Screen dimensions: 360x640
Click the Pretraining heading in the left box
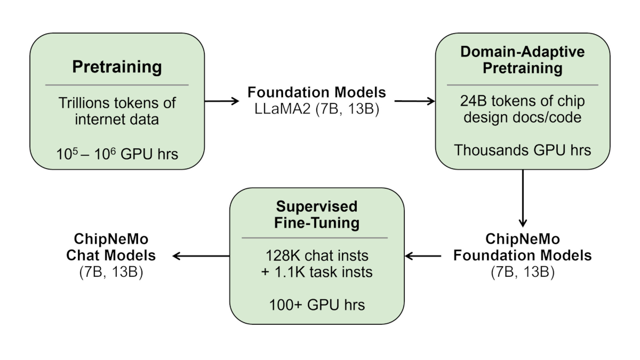tap(117, 67)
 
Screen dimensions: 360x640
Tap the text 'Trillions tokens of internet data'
tap(117, 111)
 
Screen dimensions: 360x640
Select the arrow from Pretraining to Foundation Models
tap(221, 101)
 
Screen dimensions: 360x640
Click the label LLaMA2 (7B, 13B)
tap(317, 109)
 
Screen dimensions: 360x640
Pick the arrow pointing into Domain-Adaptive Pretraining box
tap(414, 101)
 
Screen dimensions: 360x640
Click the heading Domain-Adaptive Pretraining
tap(522, 60)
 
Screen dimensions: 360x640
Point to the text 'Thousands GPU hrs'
tap(522, 150)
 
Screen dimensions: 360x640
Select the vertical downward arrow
tap(523, 198)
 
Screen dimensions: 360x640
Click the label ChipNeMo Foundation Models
tap(522, 247)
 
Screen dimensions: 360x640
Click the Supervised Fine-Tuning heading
tap(317, 214)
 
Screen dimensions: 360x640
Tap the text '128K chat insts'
tap(317, 256)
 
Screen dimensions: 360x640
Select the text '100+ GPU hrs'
tap(317, 305)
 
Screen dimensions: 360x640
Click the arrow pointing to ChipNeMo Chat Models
tap(201, 256)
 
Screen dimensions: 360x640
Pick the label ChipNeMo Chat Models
tap(111, 247)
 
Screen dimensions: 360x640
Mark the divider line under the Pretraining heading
tap(117, 85)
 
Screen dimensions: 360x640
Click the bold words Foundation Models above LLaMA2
tap(317, 92)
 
